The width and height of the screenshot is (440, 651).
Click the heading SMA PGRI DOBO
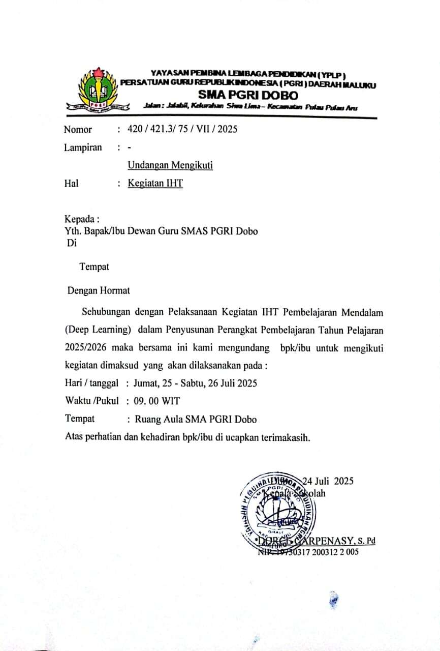[x=248, y=95]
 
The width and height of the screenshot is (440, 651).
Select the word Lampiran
[x=83, y=147]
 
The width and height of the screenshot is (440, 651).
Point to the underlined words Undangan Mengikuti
[x=170, y=165]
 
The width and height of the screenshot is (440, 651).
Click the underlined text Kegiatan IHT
[x=155, y=184]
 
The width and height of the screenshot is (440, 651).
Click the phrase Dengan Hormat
[x=99, y=291]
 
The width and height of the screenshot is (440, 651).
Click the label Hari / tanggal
[x=92, y=383]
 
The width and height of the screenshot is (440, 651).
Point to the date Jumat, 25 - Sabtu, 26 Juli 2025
[x=195, y=383]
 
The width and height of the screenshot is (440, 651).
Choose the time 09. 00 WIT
[x=156, y=401]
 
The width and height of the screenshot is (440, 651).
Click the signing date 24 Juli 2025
[x=328, y=481]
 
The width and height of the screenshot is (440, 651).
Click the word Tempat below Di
[x=94, y=266]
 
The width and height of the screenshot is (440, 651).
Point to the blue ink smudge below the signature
[x=333, y=600]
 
